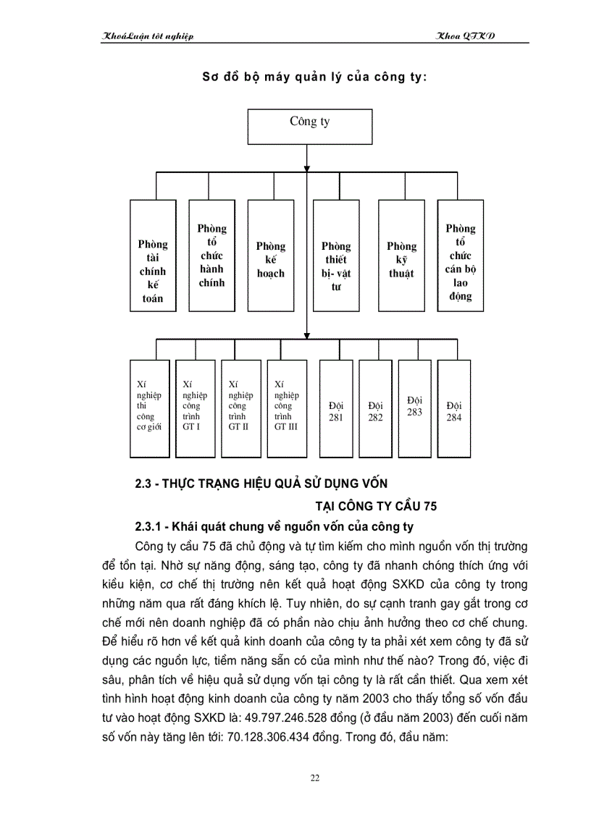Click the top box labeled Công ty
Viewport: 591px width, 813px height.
pyautogui.click(x=310, y=127)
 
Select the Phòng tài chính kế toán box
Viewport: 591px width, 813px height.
pyautogui.click(x=152, y=256)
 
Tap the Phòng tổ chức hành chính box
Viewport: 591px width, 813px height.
pyautogui.click(x=211, y=256)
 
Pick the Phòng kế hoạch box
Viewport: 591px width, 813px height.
pyautogui.click(x=270, y=256)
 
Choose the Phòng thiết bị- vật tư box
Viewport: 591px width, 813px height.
pyautogui.click(x=336, y=256)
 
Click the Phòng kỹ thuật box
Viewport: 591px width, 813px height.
pyautogui.click(x=401, y=256)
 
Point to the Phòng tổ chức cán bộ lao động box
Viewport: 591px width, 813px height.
pyautogui.click(x=461, y=256)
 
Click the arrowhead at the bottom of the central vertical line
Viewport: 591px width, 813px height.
pyautogui.click(x=307, y=334)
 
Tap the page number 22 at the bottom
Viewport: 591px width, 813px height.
pyautogui.click(x=314, y=778)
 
